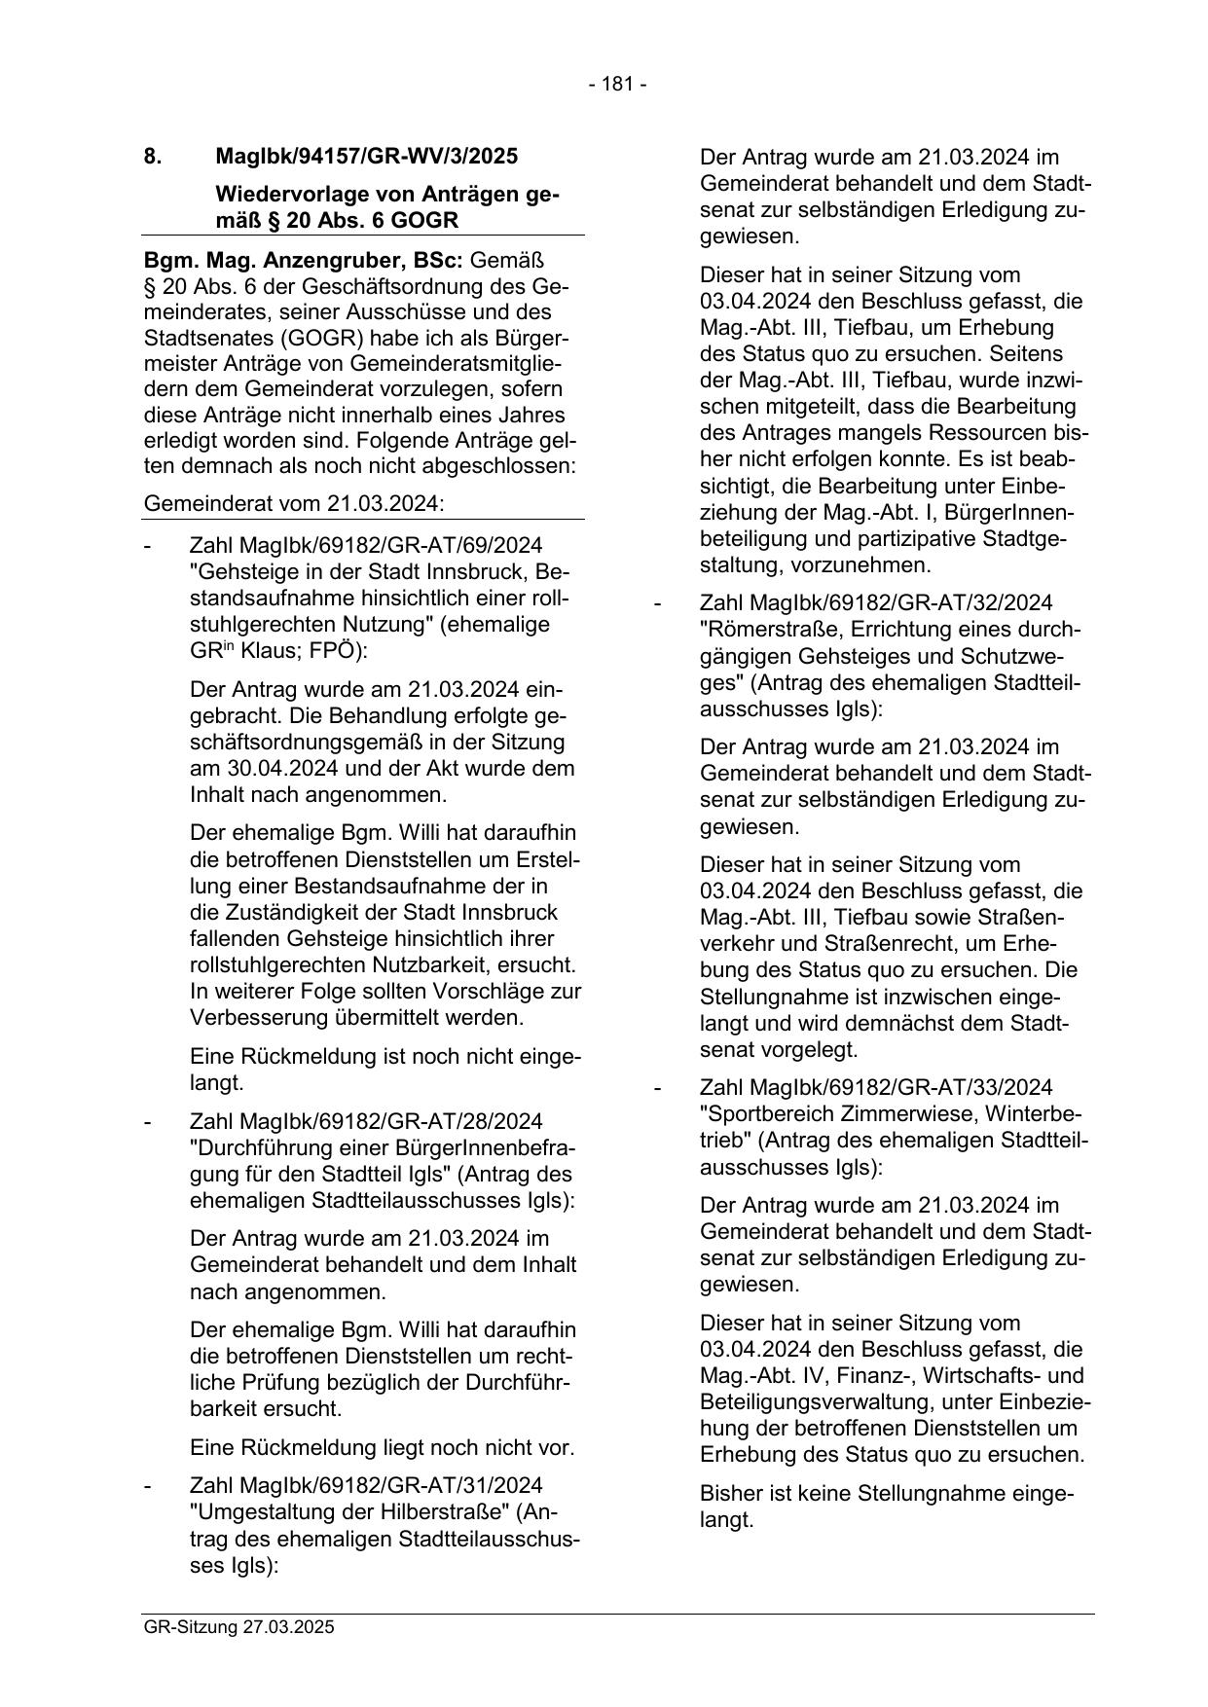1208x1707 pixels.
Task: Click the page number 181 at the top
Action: coord(617,85)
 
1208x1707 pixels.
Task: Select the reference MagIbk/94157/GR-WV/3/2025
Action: coord(366,156)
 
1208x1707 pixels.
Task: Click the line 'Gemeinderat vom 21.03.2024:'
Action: coord(293,504)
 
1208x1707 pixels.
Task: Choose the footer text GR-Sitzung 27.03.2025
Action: coord(238,1626)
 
